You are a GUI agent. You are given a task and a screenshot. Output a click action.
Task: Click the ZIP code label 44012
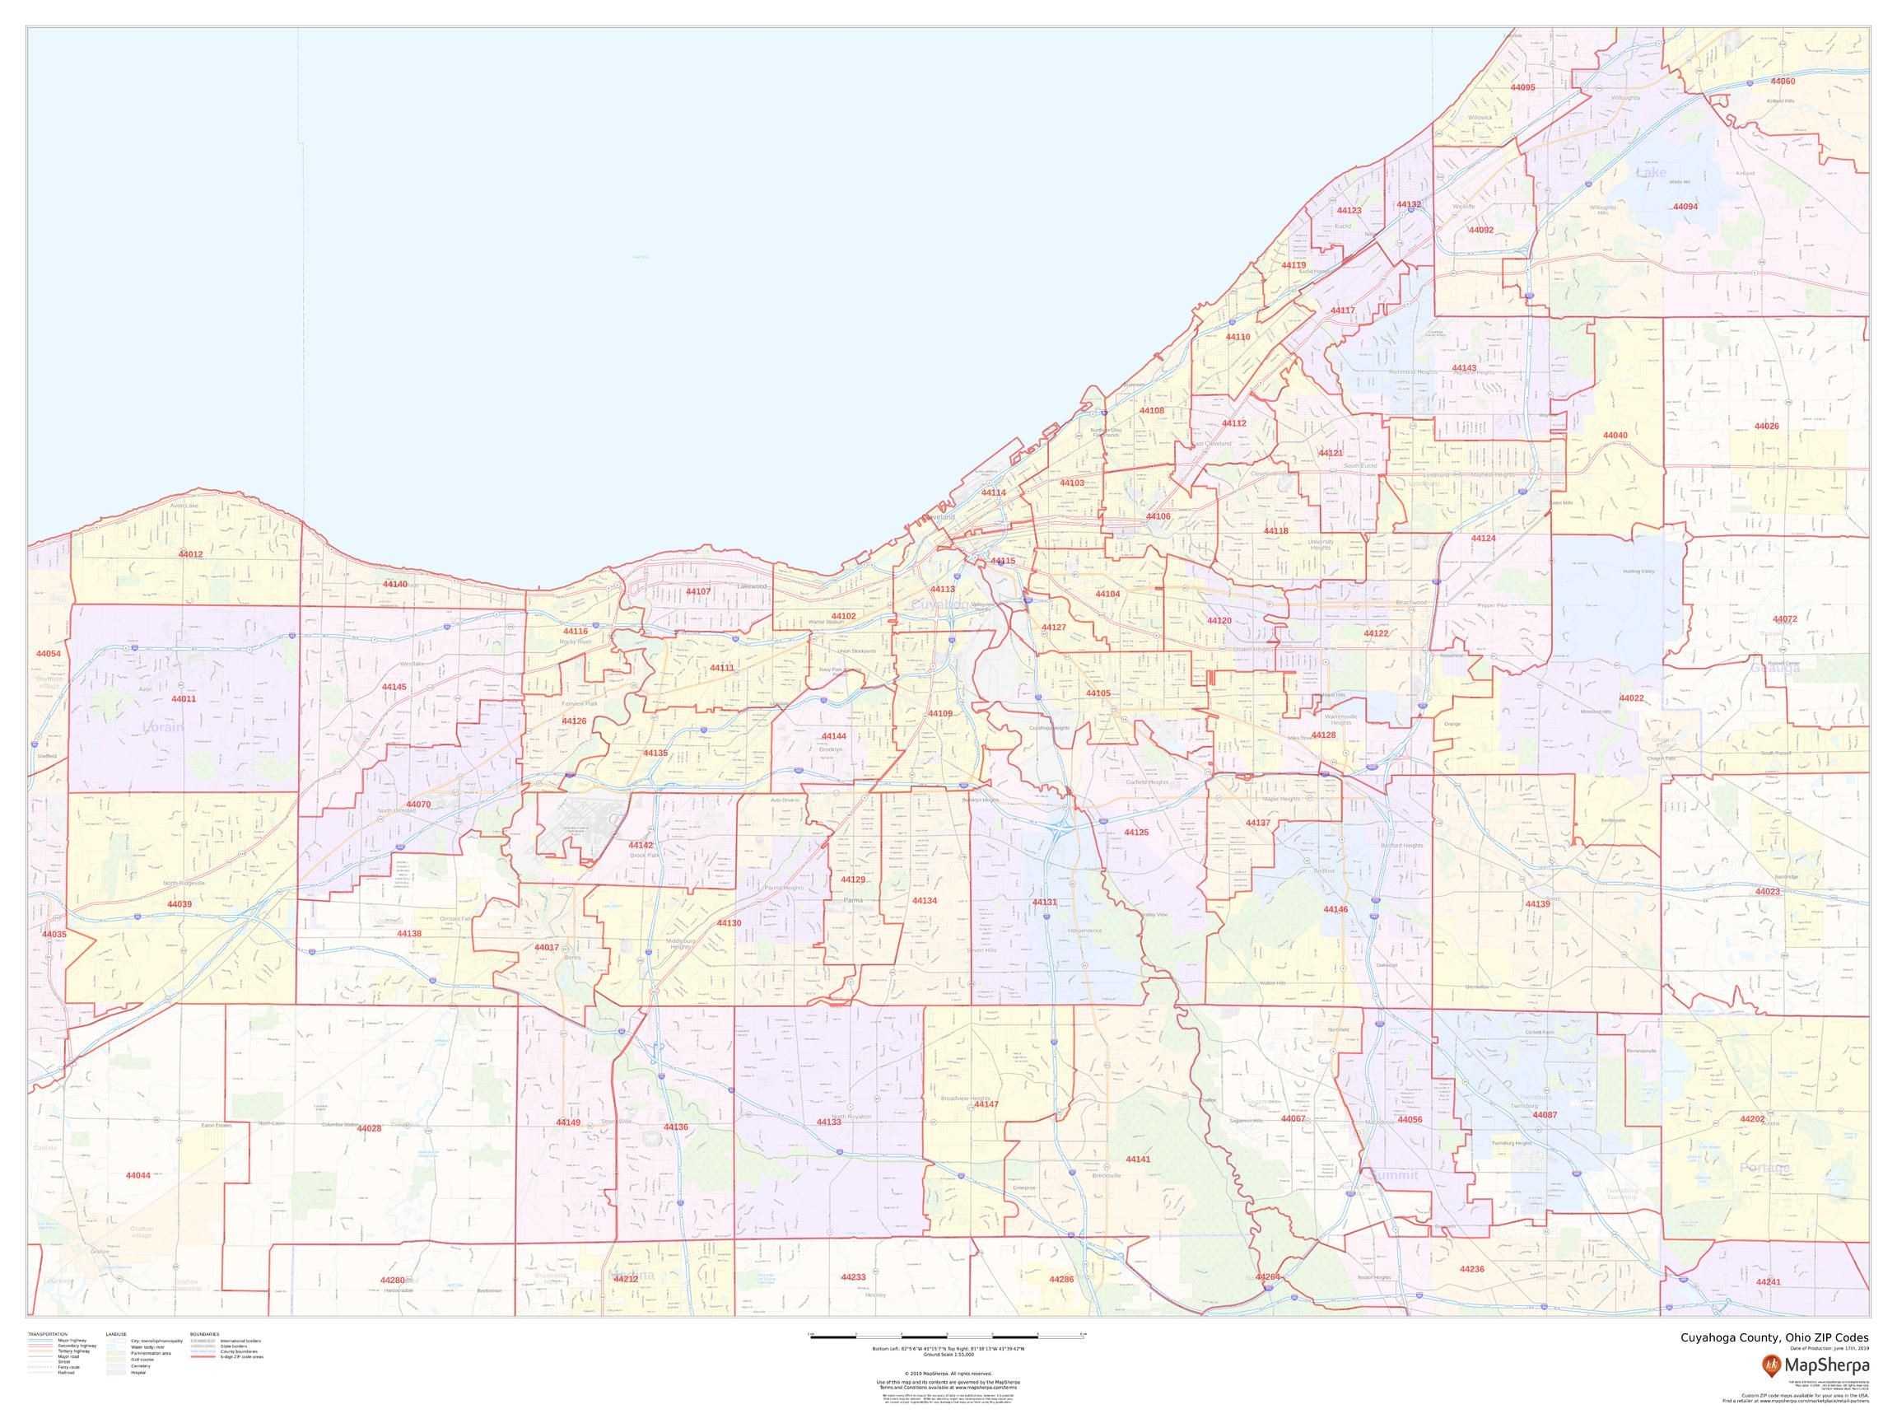pyautogui.click(x=190, y=554)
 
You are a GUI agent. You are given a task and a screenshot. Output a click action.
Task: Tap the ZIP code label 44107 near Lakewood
pyautogui.click(x=698, y=592)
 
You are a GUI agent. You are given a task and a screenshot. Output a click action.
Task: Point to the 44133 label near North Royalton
pyautogui.click(x=828, y=1122)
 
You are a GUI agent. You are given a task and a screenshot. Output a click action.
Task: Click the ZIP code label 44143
pyautogui.click(x=1464, y=368)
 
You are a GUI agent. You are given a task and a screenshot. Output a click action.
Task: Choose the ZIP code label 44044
pyautogui.click(x=138, y=1175)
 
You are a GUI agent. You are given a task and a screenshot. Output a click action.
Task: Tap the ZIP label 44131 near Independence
pyautogui.click(x=1045, y=903)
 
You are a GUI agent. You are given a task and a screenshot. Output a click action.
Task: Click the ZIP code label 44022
pyautogui.click(x=1631, y=698)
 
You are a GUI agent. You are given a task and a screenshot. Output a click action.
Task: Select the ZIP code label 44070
pyautogui.click(x=418, y=805)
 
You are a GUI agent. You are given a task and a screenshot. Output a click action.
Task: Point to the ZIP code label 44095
pyautogui.click(x=1522, y=87)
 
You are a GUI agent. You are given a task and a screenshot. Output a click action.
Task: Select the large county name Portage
pyautogui.click(x=1765, y=1169)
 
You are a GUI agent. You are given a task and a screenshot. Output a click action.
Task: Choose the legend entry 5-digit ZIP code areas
pyautogui.click(x=242, y=1357)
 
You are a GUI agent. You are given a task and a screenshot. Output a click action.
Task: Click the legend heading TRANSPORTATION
pyautogui.click(x=47, y=1334)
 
